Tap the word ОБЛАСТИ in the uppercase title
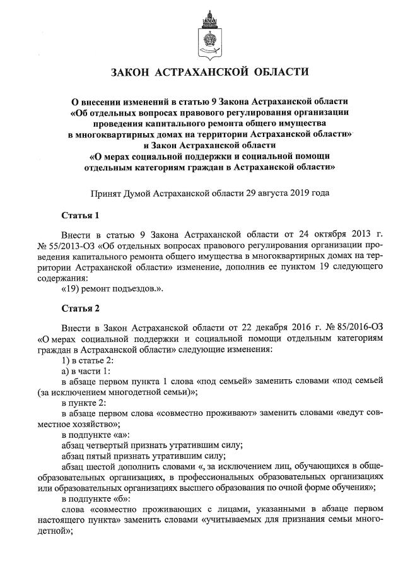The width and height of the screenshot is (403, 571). coord(276,73)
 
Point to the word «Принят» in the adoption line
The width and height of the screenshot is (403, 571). coord(108,192)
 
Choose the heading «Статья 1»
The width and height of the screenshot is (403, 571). coord(80,216)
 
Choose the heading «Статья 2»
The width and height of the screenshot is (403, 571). coord(80,309)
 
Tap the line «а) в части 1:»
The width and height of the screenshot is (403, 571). coord(86,372)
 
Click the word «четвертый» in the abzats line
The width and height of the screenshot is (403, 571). coord(114,445)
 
